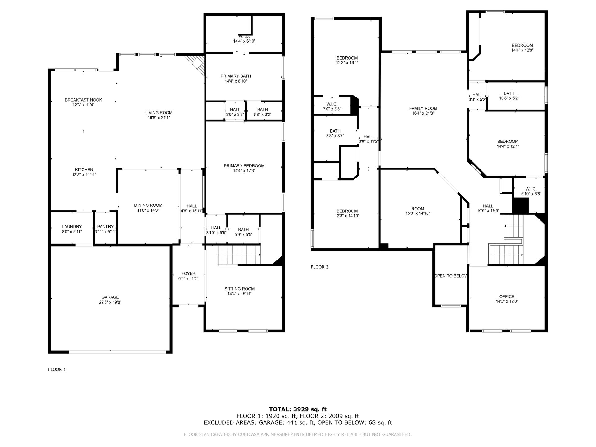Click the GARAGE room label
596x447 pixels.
pos(110,297)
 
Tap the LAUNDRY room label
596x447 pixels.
pos(72,227)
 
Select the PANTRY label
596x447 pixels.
pos(106,227)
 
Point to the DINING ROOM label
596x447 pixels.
pos(148,205)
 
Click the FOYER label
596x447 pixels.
pos(188,273)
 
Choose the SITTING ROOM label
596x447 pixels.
pos(240,289)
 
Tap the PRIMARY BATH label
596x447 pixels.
pos(236,76)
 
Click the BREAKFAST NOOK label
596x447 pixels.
pos(84,100)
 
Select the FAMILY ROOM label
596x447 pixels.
pos(423,108)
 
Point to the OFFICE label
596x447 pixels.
pos(507,296)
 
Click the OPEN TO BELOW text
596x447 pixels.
pos(451,276)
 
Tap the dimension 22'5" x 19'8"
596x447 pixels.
pos(110,302)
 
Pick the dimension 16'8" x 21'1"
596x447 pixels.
pos(159,118)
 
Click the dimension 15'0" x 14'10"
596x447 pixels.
pos(418,214)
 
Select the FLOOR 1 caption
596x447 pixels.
pos(57,369)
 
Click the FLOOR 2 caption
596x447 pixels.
pos(320,267)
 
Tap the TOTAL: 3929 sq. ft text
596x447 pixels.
pos(298,409)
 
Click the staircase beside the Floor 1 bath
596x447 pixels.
pos(239,255)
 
